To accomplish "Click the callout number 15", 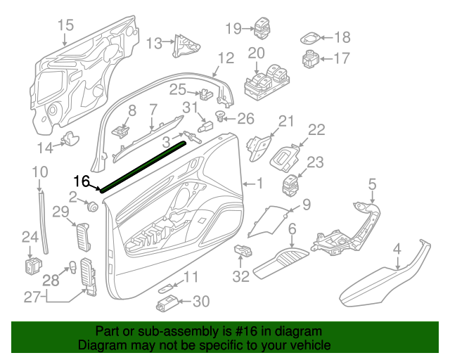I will (x=65, y=26).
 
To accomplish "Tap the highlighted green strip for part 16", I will (x=144, y=165).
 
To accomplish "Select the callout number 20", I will (x=256, y=53).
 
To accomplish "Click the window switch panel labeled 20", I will (x=265, y=83).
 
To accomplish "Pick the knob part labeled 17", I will (x=311, y=58).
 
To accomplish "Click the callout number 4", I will (x=397, y=248).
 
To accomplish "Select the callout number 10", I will (x=39, y=172).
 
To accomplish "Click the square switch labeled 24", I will (x=31, y=266).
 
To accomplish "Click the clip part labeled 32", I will (x=243, y=251).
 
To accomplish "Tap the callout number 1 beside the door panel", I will (x=259, y=184).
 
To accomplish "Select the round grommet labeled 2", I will (x=91, y=207).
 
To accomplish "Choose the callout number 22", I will (x=317, y=130).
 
